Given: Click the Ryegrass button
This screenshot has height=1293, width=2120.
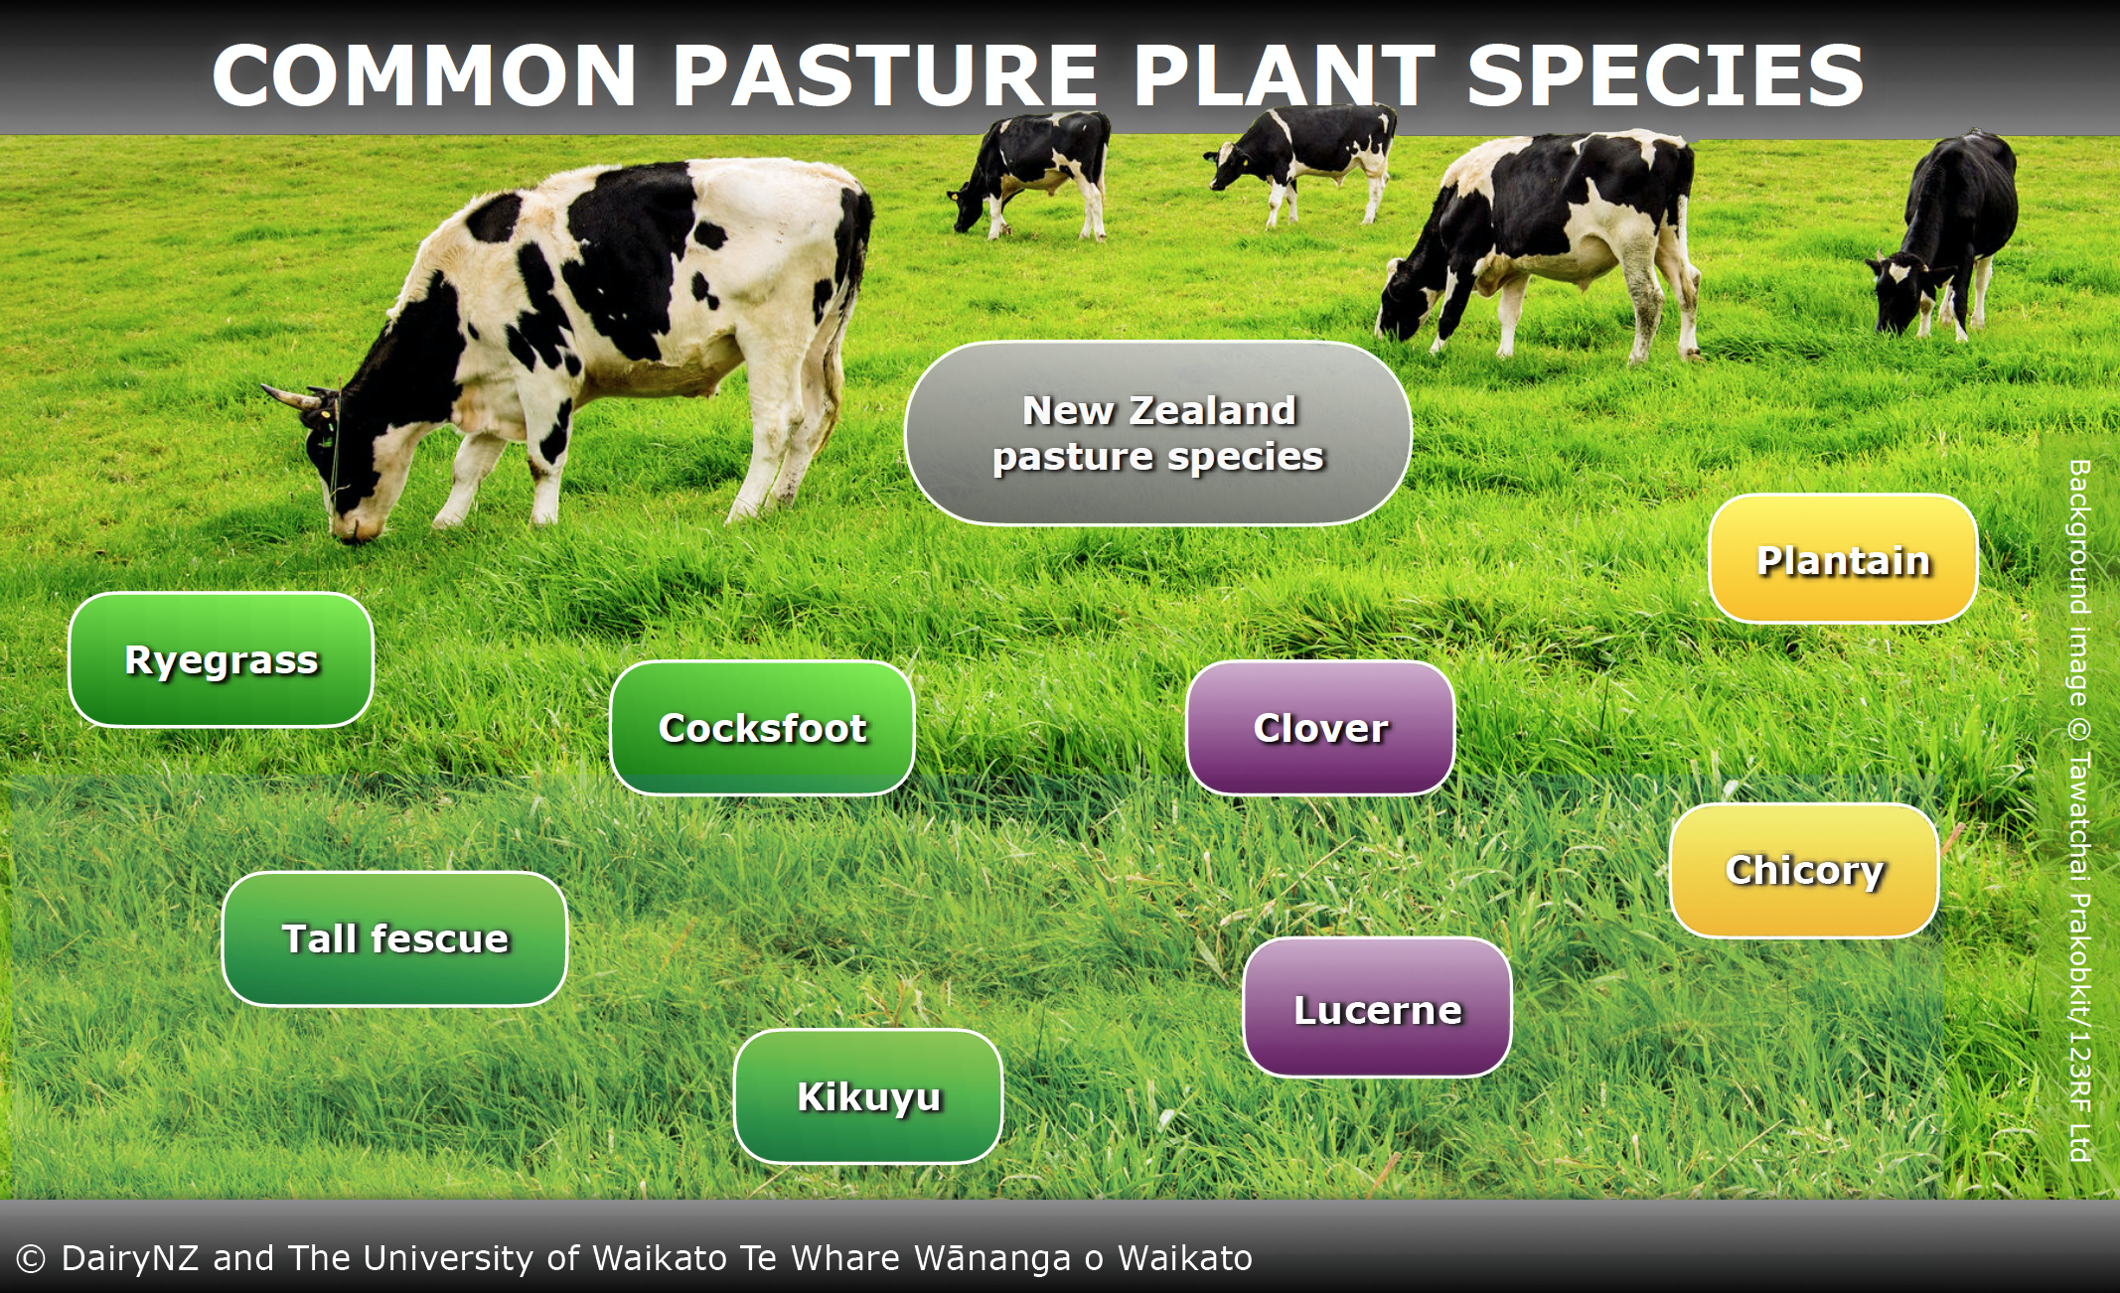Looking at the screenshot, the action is point(221,660).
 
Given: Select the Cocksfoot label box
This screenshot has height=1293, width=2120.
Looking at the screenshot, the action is point(762,728).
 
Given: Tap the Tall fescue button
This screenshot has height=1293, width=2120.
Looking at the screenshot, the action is point(394,939).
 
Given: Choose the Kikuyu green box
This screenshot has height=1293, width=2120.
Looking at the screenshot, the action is point(868,1096).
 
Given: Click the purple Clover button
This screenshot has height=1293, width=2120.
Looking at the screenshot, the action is point(1320,728).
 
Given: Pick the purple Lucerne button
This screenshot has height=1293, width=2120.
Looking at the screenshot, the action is point(1377,1008).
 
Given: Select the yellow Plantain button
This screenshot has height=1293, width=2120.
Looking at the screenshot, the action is point(1843,559).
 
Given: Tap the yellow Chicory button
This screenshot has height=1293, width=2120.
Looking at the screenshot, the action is point(1804,871).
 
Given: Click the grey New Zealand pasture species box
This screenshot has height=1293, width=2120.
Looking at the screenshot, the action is point(1158,433).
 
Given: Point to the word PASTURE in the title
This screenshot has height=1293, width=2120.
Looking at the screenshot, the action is point(885,75).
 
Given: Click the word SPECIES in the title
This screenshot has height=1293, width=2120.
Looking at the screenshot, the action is point(1665,75).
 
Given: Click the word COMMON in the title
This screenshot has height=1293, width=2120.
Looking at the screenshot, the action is point(424,75).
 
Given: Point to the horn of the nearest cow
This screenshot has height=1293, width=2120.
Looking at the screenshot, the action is point(289,397).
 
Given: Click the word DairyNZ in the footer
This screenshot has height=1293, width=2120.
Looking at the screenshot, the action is point(130,1258).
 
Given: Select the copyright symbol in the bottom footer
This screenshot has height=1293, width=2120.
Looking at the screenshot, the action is point(31,1259).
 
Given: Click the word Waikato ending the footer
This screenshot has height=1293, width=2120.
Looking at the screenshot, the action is point(1185,1258).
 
